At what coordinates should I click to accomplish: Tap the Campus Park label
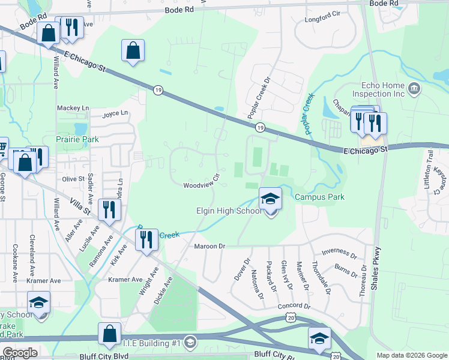[318, 197]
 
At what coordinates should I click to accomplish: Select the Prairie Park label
[77, 139]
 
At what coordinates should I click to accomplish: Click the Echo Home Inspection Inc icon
[414, 89]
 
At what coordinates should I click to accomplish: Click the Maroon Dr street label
[209, 246]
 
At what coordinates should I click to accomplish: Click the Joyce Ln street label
[115, 113]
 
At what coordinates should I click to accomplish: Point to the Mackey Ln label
[73, 108]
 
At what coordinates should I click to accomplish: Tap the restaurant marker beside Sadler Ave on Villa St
[109, 209]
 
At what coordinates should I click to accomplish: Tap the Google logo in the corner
[19, 353]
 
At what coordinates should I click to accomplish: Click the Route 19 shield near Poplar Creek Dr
[259, 127]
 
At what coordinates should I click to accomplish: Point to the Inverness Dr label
[339, 252]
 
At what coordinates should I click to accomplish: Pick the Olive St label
[73, 179]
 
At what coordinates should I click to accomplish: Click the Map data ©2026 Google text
[411, 355]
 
